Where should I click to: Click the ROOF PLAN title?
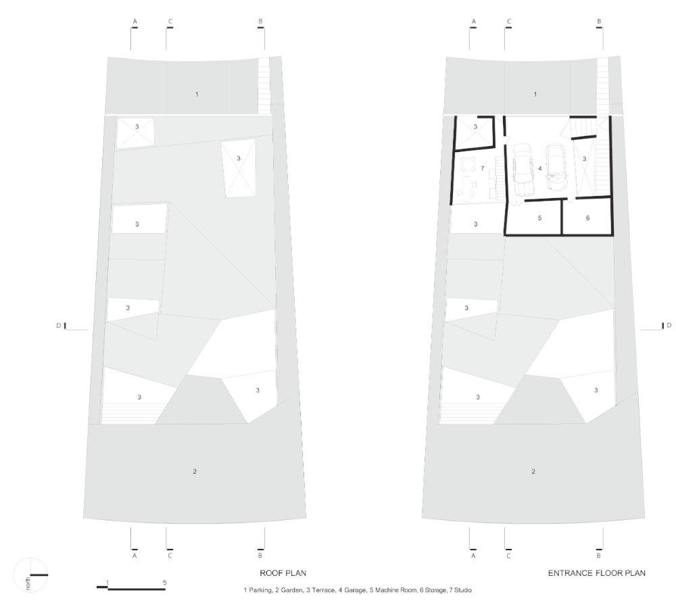[x=283, y=573]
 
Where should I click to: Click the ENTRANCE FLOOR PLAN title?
[x=597, y=573]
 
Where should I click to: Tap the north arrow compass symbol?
[x=30, y=575]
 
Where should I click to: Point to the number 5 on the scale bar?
[x=165, y=583]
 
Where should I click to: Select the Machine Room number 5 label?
[x=539, y=218]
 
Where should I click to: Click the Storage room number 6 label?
[x=587, y=218]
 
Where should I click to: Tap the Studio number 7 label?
[x=483, y=168]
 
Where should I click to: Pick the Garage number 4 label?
[x=540, y=168]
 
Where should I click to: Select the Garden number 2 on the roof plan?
[x=195, y=472]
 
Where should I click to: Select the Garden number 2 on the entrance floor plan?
[x=533, y=472]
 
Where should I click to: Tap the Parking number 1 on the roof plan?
[x=197, y=94]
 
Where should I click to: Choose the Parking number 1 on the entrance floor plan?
[x=535, y=94]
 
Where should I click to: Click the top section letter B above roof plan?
[x=260, y=22]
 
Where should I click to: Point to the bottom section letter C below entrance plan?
[x=509, y=556]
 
